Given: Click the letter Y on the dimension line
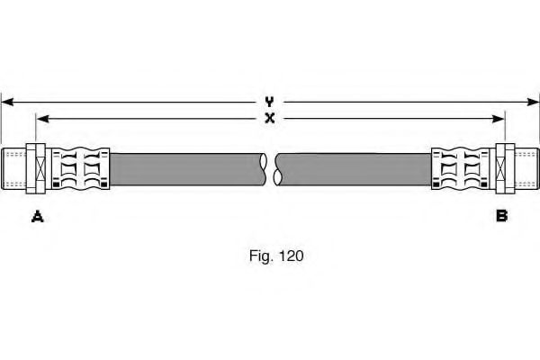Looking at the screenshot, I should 269,102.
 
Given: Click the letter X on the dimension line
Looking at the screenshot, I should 269,118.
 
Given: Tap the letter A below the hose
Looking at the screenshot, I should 38,215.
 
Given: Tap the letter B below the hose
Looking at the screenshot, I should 502,215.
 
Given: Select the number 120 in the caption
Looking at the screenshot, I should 292,256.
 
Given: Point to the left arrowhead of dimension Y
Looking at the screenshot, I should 5,102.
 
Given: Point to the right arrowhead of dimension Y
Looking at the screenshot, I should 534,102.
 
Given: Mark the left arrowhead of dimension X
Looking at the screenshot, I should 40,118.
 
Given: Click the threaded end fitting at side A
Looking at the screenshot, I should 15,168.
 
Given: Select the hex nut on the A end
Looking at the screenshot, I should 39,168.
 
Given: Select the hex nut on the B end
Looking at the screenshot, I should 502,168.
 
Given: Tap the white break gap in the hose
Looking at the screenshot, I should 271,168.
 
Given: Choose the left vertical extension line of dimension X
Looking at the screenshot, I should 36,130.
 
